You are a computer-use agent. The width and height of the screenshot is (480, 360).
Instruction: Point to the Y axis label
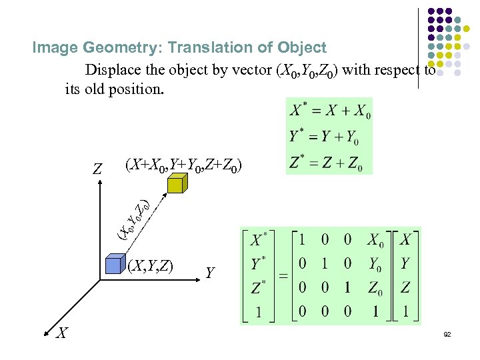click(x=210, y=273)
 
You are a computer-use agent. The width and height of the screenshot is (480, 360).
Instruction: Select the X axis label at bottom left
click(x=61, y=331)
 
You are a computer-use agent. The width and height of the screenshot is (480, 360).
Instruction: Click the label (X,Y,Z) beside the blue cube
click(x=151, y=267)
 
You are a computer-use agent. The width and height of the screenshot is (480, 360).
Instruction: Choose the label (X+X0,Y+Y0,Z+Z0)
click(x=183, y=164)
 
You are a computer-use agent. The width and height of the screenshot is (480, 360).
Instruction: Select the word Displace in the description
click(x=113, y=69)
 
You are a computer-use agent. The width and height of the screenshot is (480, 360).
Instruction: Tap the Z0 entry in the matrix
click(x=377, y=287)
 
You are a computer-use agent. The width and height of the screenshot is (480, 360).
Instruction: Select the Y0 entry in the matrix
click(x=377, y=264)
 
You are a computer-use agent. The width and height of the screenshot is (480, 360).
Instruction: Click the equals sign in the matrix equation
click(x=282, y=276)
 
